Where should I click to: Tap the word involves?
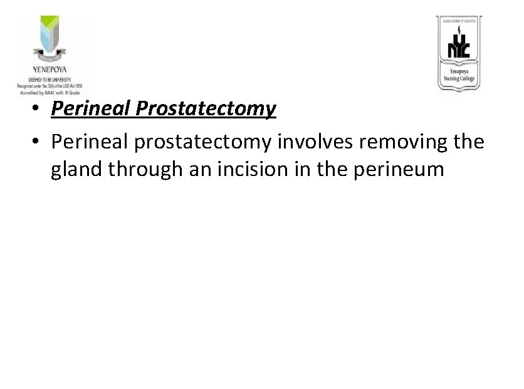tap(300, 142)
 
